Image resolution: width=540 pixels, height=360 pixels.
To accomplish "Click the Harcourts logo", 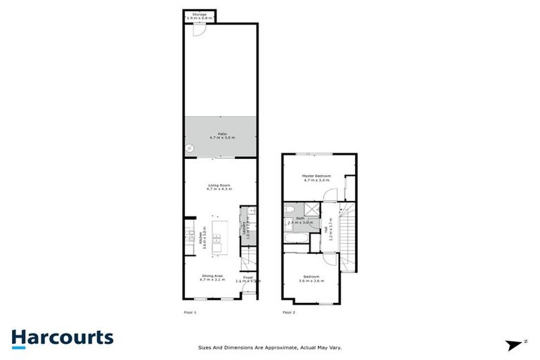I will coord(62,337).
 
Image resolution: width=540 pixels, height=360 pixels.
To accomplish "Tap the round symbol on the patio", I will coord(189,148).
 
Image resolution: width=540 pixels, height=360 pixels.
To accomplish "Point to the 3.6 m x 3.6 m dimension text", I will coord(312,281).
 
